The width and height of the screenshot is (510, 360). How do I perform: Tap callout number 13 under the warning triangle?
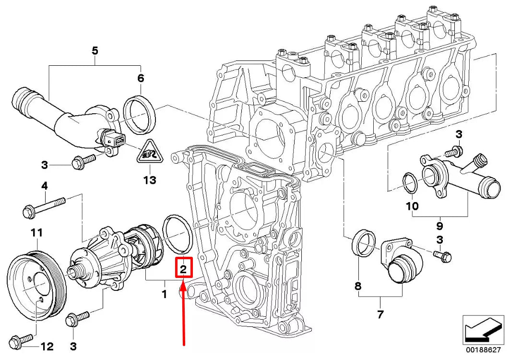click(x=150, y=180)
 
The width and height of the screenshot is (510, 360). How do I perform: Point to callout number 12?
click(x=47, y=347)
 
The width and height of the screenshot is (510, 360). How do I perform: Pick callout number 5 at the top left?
click(x=95, y=51)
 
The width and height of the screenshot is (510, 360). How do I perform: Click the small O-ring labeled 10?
click(x=411, y=183)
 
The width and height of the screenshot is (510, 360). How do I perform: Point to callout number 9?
click(x=440, y=226)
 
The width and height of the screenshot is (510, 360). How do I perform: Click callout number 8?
click(x=358, y=286)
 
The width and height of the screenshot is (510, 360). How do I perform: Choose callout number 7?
click(x=380, y=314)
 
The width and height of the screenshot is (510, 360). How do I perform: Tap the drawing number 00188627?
click(x=483, y=350)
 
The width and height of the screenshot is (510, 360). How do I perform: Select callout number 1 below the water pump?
click(x=164, y=294)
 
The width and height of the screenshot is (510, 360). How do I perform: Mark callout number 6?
click(x=141, y=78)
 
